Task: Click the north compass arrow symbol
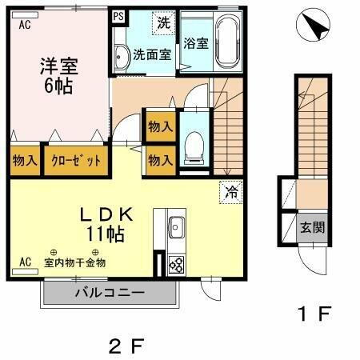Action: (313, 30)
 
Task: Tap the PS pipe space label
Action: (118, 15)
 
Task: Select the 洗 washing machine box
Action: (162, 21)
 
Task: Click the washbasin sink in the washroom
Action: (121, 57)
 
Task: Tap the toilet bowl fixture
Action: (192, 146)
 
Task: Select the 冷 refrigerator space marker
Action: (230, 191)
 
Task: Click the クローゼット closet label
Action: (77, 160)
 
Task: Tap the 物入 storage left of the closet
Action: (25, 160)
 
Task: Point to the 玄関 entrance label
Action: (312, 227)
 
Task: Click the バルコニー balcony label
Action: (110, 293)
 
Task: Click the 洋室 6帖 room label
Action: (57, 77)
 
